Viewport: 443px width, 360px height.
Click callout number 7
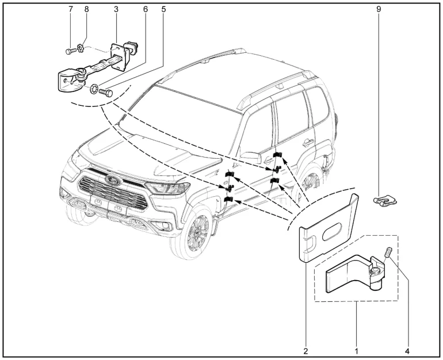(x=71, y=10)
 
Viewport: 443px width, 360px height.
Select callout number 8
(x=87, y=10)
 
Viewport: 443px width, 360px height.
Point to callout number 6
(x=146, y=10)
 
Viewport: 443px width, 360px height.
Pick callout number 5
(x=164, y=10)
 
